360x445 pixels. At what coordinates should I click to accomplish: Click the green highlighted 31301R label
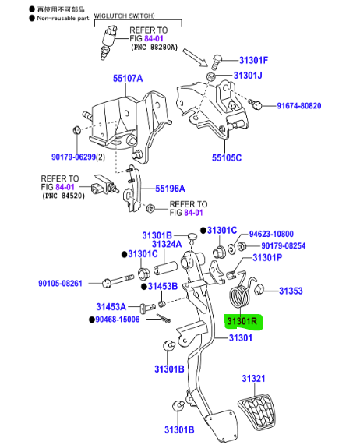click(x=244, y=321)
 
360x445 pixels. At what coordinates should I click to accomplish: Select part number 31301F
click(x=253, y=60)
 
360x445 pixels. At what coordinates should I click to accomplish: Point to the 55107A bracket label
click(x=128, y=79)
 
